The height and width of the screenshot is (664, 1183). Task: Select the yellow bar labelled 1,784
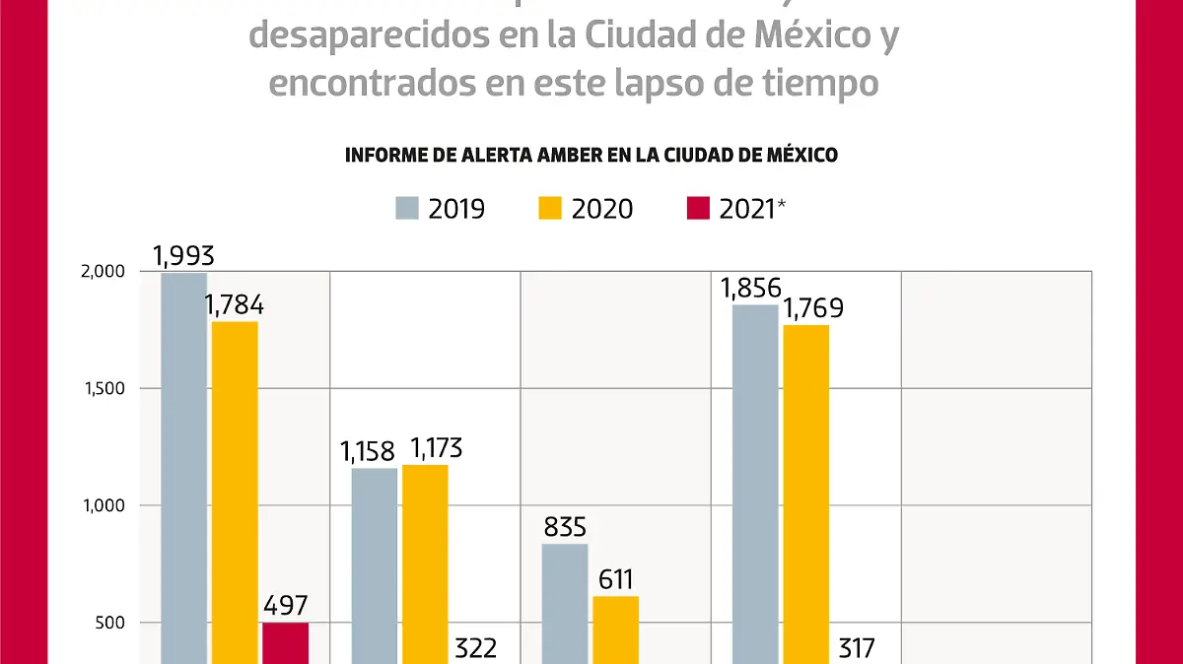(x=235, y=493)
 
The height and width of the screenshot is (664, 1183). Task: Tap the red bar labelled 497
(x=285, y=642)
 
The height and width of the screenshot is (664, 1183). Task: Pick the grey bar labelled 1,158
(x=375, y=565)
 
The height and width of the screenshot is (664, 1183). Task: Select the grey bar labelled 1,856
(x=755, y=483)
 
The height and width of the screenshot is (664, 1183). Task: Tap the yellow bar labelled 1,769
(x=805, y=494)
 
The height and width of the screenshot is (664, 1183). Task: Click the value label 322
(x=476, y=647)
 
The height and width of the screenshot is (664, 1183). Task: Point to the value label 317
(x=855, y=647)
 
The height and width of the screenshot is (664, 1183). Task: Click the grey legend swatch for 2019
(x=407, y=209)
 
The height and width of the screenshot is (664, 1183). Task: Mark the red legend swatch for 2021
(x=699, y=209)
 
